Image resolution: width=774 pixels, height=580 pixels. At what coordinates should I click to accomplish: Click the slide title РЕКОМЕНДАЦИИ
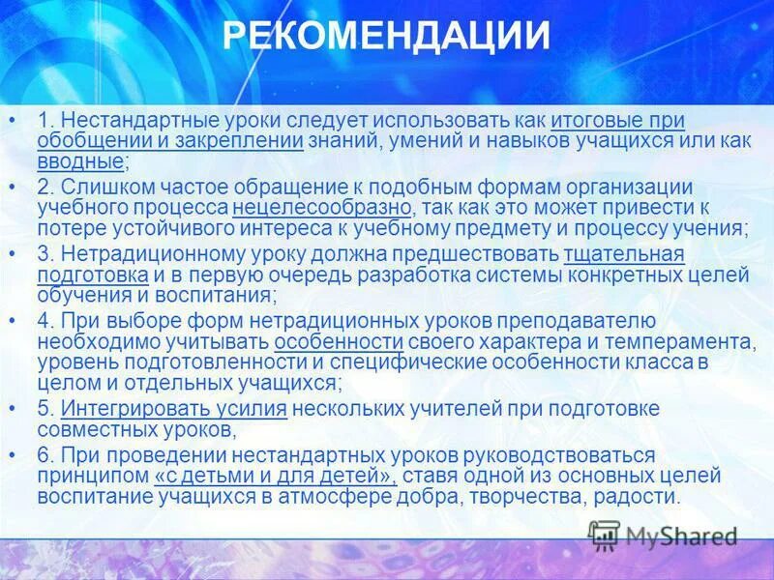[386, 37]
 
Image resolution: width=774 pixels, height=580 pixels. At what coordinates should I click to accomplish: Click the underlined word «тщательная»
[624, 253]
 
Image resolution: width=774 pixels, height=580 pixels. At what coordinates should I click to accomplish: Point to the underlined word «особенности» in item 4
[339, 342]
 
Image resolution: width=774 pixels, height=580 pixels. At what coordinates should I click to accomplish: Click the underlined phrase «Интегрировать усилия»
[173, 409]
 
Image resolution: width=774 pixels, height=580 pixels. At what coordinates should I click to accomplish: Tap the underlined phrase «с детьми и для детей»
[275, 477]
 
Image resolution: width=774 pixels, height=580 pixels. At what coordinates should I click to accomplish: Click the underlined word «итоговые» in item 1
[589, 120]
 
